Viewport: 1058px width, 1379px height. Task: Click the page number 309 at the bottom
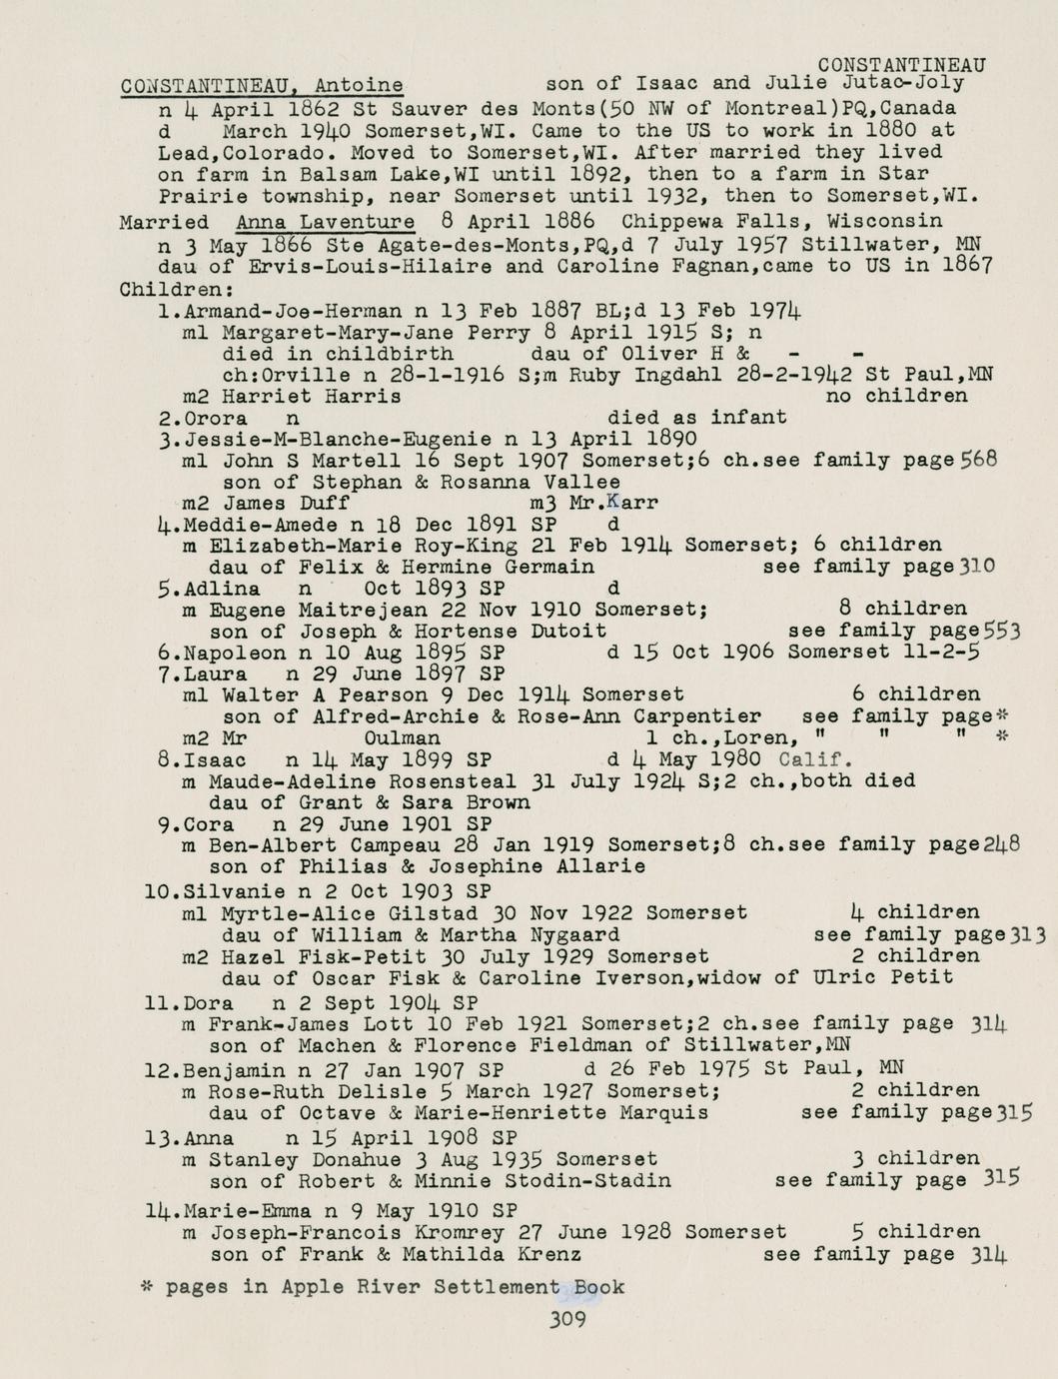coord(566,1319)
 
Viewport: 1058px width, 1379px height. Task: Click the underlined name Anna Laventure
coord(326,222)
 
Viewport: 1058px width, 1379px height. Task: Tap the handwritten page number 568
coord(978,460)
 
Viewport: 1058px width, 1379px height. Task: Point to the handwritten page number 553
coord(1002,631)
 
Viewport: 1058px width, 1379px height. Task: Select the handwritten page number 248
coord(1001,843)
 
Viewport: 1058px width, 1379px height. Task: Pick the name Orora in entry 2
coord(216,418)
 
